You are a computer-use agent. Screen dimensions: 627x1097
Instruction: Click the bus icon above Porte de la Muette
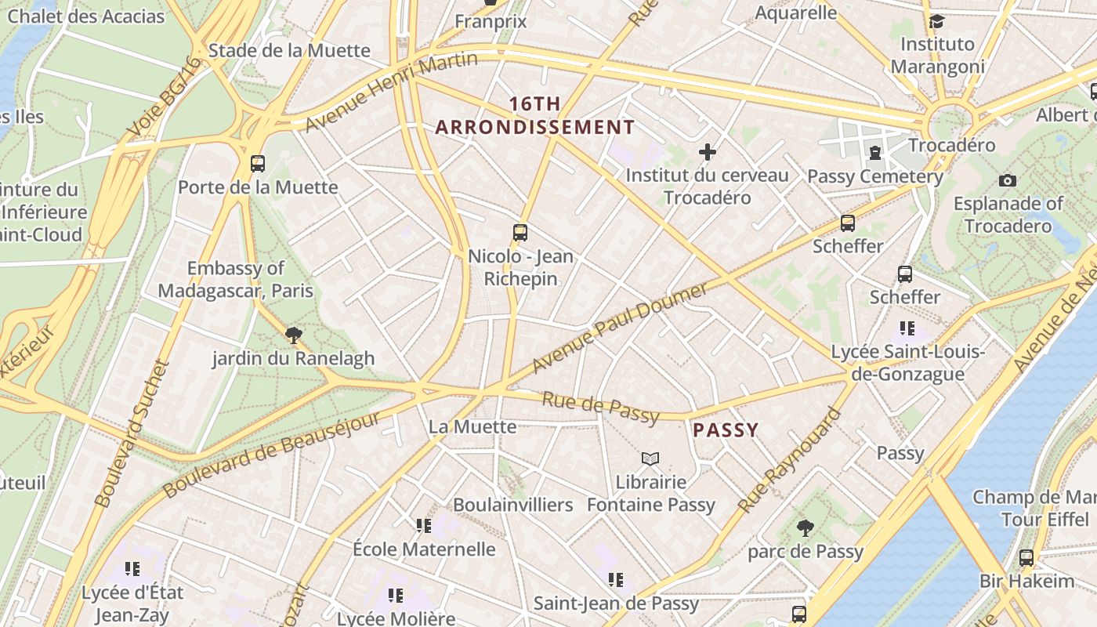point(258,163)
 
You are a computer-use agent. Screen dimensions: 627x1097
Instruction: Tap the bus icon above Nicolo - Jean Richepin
point(520,232)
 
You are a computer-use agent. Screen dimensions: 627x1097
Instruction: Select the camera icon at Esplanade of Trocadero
point(1008,180)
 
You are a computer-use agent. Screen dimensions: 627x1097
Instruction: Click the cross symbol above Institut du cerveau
point(708,151)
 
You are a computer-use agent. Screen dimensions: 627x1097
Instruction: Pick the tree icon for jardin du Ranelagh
point(294,335)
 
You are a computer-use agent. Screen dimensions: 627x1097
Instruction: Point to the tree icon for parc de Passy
point(805,528)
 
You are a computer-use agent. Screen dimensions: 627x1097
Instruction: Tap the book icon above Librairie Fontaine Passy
point(650,458)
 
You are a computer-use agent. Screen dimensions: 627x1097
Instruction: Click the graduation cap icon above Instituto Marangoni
point(936,21)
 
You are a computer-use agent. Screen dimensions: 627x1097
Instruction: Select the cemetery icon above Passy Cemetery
point(875,152)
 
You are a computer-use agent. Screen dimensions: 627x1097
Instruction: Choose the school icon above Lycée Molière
point(396,596)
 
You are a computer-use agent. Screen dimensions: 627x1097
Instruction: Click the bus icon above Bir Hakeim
point(1026,558)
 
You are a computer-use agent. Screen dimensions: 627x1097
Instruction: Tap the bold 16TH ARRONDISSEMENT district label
point(535,115)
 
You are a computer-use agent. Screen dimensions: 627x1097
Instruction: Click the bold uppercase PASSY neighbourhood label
point(726,429)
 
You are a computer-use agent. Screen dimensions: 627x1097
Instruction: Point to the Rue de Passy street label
point(602,408)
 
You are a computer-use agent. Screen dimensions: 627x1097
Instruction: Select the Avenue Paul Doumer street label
point(619,328)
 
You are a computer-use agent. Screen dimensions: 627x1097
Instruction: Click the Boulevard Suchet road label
point(132,433)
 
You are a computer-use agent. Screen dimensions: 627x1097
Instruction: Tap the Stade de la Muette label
point(289,50)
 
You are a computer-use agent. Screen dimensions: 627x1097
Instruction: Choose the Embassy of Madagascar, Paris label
point(236,280)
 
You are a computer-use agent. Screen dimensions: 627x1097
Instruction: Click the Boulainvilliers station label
point(513,505)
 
